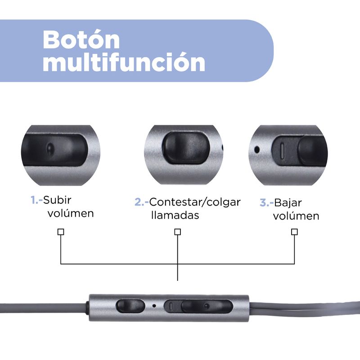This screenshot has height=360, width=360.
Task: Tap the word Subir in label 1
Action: point(57,200)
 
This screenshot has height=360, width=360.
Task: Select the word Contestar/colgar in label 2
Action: point(195,202)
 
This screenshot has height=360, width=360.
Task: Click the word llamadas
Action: point(175,215)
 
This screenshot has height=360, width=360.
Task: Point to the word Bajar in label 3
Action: point(288,203)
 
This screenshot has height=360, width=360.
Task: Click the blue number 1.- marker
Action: point(37,200)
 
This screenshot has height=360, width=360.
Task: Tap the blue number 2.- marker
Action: point(142,202)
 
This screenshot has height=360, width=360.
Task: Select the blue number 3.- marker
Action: point(266,203)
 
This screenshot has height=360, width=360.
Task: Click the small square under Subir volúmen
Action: point(61,232)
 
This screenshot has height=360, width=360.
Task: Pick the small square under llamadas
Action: point(177,232)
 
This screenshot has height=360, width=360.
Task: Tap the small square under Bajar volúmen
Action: point(294,232)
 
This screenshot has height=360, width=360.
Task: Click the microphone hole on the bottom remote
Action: point(154,306)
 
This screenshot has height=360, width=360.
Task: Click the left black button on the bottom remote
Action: point(130,306)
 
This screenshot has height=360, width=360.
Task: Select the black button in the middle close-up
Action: point(186,148)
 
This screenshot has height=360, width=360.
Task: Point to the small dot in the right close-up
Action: point(257,150)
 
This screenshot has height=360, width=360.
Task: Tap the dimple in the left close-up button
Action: point(49,148)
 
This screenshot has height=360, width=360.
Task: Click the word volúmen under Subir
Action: point(71,213)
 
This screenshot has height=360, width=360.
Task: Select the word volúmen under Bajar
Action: point(296,216)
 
